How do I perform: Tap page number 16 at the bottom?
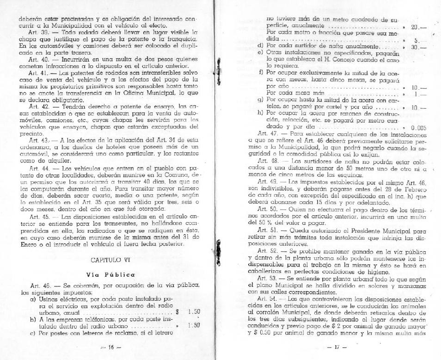tap(110, 347)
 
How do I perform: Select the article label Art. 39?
tap(37, 34)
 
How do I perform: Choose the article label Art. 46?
tap(37, 288)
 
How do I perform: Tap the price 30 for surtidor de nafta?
tap(415, 47)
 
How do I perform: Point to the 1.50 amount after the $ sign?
tap(194, 312)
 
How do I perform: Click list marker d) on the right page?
tap(260, 47)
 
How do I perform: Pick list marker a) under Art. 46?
tap(32, 299)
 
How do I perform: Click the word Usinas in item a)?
tap(48, 299)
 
